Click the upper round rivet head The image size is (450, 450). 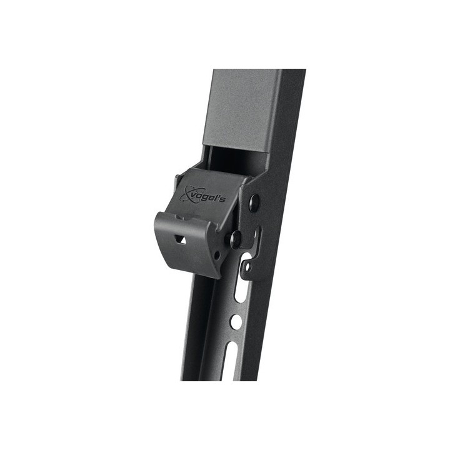click(x=255, y=201)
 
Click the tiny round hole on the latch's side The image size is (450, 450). click(x=217, y=254)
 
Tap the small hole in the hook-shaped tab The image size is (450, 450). click(x=247, y=267)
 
